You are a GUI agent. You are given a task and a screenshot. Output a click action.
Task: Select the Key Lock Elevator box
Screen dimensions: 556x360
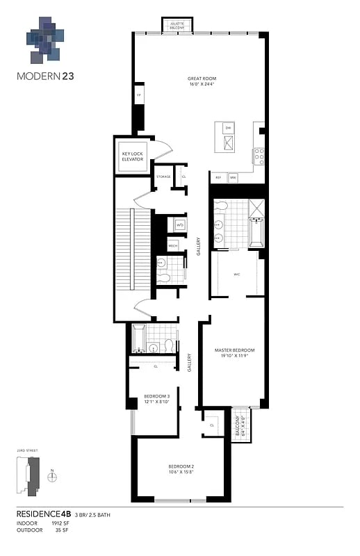click(x=132, y=156)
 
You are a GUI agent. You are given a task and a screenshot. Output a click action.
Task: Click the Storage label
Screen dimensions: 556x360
click(x=163, y=177)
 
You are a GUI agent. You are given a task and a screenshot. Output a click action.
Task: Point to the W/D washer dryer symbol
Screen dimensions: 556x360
click(x=179, y=225)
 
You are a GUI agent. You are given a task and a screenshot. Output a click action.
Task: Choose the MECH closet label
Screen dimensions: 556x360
click(x=173, y=245)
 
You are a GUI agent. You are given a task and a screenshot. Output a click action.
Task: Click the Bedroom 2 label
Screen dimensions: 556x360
click(x=181, y=468)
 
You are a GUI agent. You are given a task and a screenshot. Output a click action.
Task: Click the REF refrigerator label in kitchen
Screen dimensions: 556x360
click(x=218, y=177)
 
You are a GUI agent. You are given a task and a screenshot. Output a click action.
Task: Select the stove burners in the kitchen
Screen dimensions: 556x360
click(x=259, y=155)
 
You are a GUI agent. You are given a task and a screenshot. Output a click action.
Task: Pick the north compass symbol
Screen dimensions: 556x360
click(x=52, y=477)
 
